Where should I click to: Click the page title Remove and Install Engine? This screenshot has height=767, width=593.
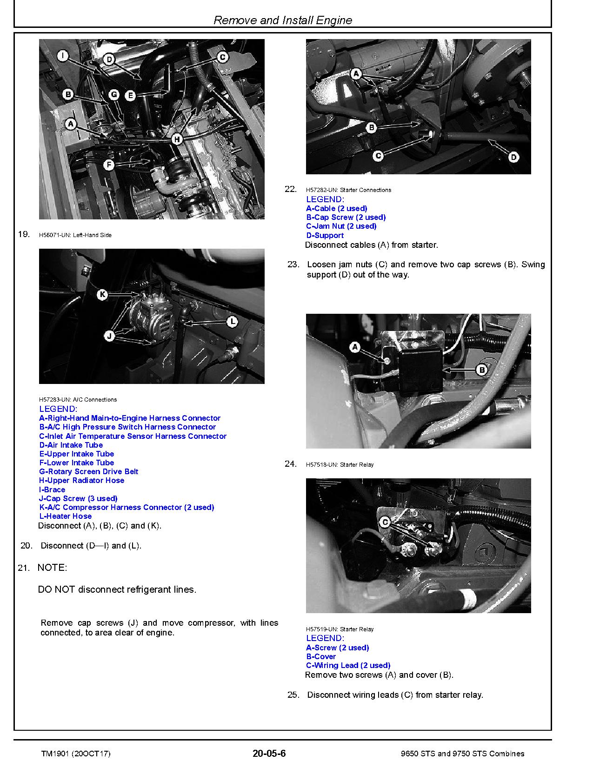(x=282, y=20)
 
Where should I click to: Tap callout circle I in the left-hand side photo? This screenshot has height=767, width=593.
(x=63, y=56)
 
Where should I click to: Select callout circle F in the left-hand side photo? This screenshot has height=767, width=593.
(x=108, y=165)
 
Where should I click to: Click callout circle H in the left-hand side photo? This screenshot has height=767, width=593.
(x=177, y=139)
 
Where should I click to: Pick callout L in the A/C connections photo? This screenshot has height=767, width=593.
(x=232, y=322)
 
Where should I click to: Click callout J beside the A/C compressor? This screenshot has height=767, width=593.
(x=110, y=336)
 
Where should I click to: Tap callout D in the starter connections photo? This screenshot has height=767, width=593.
(x=513, y=157)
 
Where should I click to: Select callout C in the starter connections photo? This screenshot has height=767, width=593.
(x=378, y=156)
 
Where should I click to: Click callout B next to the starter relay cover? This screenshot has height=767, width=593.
(x=482, y=370)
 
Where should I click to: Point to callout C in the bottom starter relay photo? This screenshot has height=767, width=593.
(x=385, y=522)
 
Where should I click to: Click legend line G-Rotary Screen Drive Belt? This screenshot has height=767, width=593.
(x=88, y=471)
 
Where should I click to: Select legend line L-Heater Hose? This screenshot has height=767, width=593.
(x=65, y=516)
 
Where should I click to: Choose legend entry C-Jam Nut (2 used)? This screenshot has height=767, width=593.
(x=341, y=226)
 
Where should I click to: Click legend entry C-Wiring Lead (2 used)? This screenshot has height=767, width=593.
(x=348, y=665)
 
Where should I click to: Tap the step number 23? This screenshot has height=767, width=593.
(x=293, y=264)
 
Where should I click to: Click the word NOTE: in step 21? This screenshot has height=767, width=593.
(x=52, y=568)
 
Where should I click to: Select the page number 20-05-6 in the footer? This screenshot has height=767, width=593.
(x=269, y=754)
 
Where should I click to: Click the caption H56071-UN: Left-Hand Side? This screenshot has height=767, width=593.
(x=75, y=235)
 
